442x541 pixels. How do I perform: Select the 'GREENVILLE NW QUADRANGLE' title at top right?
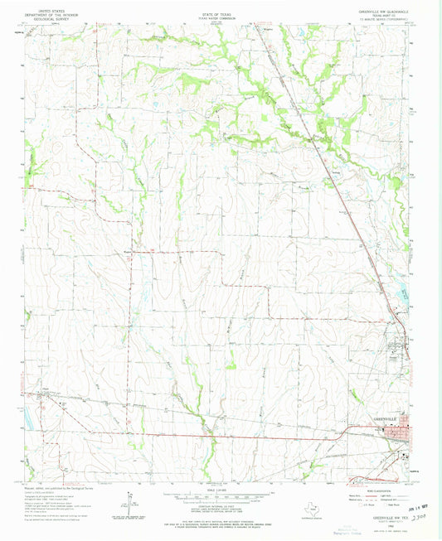pos(386,6)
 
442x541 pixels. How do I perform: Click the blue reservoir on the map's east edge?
pos(403,290)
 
